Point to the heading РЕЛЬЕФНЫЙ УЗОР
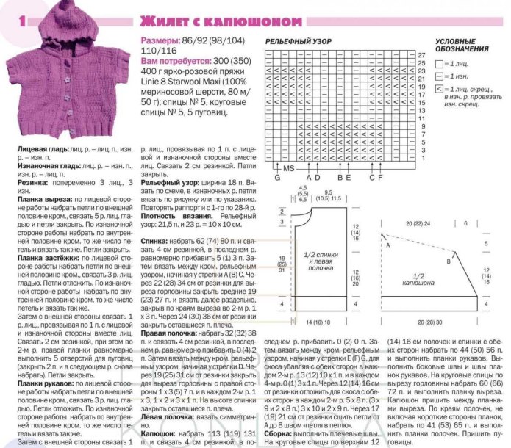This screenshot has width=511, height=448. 297,43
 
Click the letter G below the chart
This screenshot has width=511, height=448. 277,178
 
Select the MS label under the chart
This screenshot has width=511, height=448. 289,170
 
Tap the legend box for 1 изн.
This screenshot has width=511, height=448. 439,76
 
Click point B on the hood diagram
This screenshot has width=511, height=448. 449,262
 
